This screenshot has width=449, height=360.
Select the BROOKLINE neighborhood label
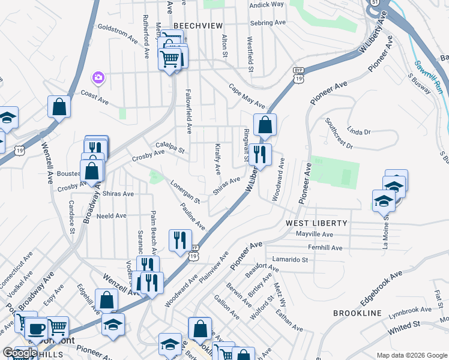tap(357, 314)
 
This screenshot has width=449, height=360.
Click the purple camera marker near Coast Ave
tap(98, 77)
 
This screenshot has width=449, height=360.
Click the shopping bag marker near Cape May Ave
tap(265, 125)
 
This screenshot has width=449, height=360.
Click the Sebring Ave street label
tap(268, 23)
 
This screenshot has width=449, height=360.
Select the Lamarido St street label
tap(289, 260)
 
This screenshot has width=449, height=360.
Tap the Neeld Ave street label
tap(112, 215)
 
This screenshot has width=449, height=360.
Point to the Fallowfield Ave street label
tap(188, 113)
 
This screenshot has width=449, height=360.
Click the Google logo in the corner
tap(20, 353)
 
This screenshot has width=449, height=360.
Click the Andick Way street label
tap(267, 4)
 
